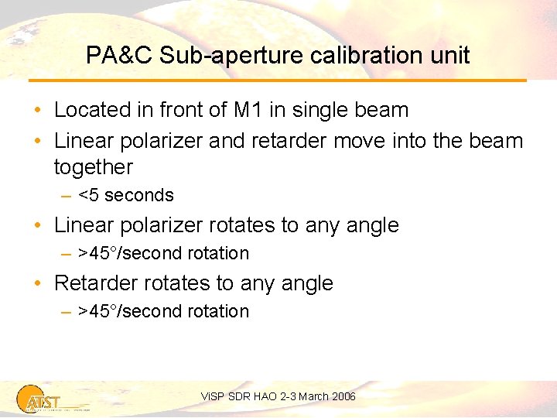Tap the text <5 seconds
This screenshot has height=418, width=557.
tap(126, 195)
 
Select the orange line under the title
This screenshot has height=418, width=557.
tap(278, 81)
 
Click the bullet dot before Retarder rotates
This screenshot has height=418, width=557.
tap(38, 284)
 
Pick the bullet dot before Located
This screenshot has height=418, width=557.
tap(38, 111)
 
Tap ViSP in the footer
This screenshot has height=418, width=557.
tap(212, 396)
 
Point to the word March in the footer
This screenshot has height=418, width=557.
tap(313, 396)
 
